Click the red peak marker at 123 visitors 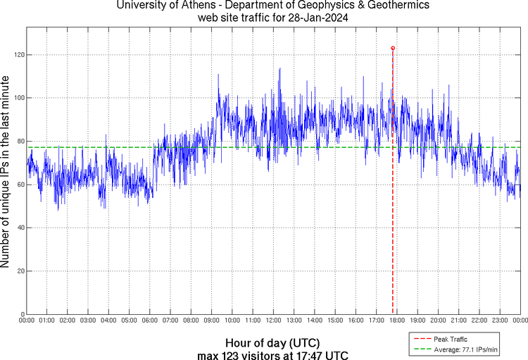(393, 48)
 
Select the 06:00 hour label (150, 321)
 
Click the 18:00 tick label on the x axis (397, 321)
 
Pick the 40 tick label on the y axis (20, 228)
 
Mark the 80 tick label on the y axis (20, 141)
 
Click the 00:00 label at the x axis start (27, 321)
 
